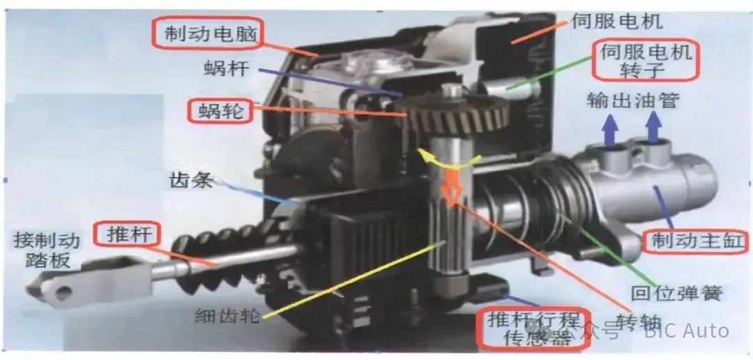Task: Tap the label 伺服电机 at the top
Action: pos(616,21)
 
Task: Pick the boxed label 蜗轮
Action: pos(219,110)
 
